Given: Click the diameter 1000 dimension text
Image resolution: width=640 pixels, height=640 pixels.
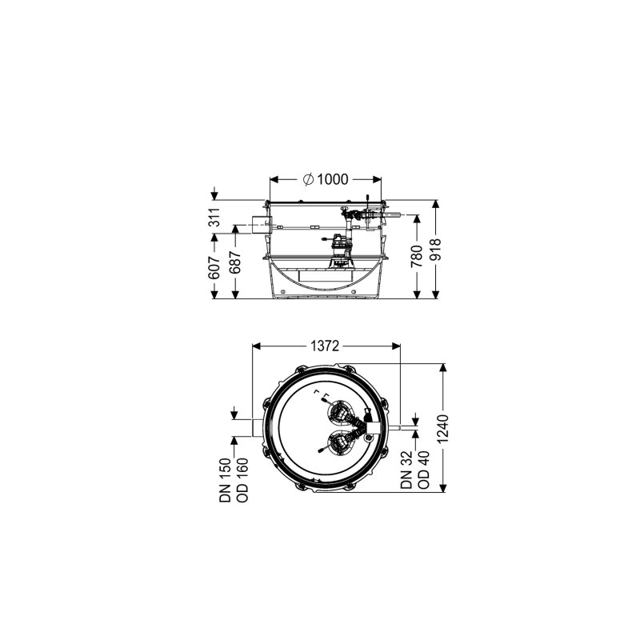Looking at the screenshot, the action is (326, 179).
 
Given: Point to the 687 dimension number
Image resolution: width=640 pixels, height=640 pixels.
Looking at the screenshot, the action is (236, 263).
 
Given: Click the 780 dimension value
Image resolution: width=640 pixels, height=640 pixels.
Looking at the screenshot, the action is (417, 256).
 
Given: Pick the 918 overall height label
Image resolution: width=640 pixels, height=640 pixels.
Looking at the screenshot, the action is (436, 250).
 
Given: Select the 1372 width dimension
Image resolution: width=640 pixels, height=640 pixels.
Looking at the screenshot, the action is (325, 346).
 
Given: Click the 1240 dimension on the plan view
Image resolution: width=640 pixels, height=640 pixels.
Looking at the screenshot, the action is (443, 429).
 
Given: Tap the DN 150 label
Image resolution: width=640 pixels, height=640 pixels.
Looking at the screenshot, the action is (226, 480).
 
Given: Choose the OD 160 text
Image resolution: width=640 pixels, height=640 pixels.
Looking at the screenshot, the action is (242, 480).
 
